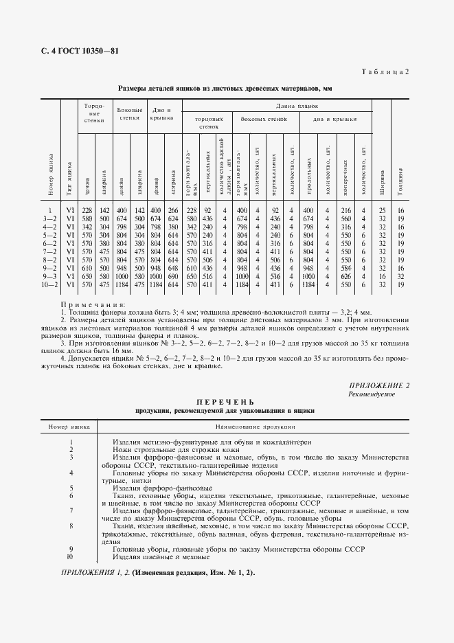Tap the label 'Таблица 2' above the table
click(x=385, y=71)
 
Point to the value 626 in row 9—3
click(x=345, y=275)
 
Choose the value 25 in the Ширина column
click(x=382, y=210)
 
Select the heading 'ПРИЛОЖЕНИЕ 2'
click(x=379, y=385)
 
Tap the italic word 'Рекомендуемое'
click(x=372, y=394)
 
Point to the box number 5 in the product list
click(x=71, y=488)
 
